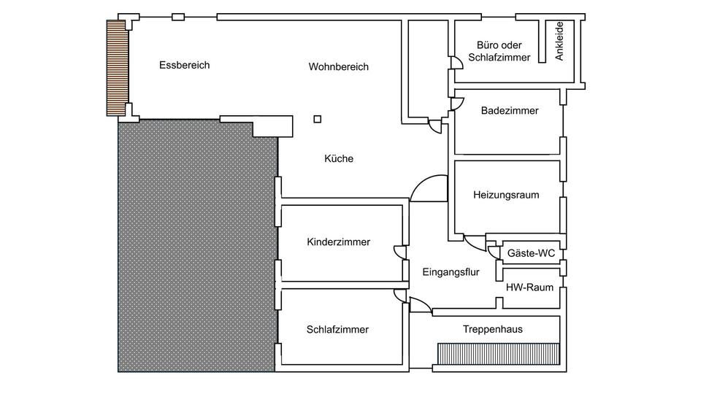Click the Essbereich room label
pyautogui.click(x=184, y=65)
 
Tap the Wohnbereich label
pyautogui.click(x=338, y=67)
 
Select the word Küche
pyautogui.click(x=339, y=158)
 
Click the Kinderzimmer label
pyautogui.click(x=338, y=242)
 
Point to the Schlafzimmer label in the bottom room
pyautogui.click(x=337, y=330)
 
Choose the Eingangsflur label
pyautogui.click(x=451, y=273)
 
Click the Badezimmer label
pyautogui.click(x=510, y=111)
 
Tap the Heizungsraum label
pyautogui.click(x=506, y=195)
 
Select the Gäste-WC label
pyautogui.click(x=531, y=253)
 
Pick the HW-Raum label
pyautogui.click(x=529, y=287)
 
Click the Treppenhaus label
pyautogui.click(x=492, y=330)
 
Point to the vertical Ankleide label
pyautogui.click(x=559, y=42)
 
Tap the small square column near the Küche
pyautogui.click(x=317, y=120)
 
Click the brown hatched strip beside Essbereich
pyautogui.click(x=115, y=67)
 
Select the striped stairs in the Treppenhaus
pyautogui.click(x=497, y=354)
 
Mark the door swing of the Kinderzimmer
pyautogui.click(x=400, y=252)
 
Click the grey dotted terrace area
pyautogui.click(x=197, y=248)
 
